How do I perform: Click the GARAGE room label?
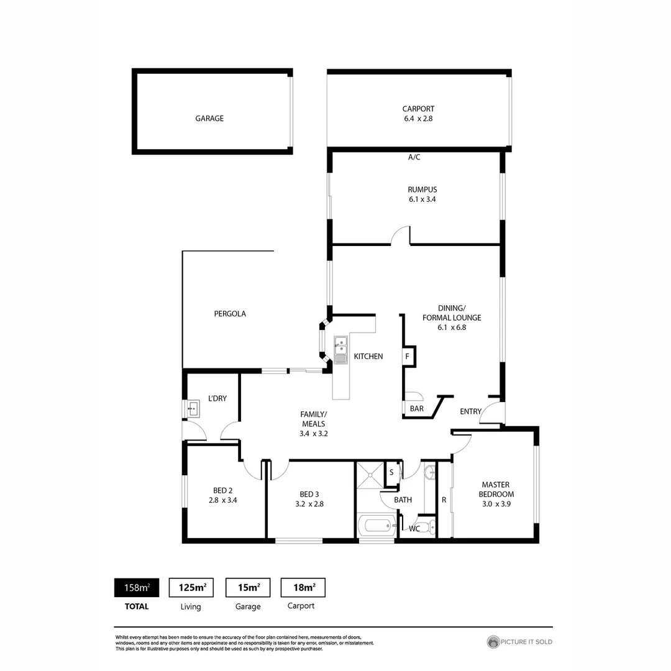point(209,118)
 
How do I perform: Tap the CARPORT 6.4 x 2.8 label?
point(418,114)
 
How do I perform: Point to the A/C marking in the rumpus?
point(414,157)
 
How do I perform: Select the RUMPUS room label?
point(418,189)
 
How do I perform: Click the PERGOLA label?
point(230,314)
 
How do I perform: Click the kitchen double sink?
point(340,349)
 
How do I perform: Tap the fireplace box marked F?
point(408,357)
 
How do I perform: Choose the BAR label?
point(416,409)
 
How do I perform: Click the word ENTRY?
point(470,411)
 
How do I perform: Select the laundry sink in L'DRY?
point(193,409)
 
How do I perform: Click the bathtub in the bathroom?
point(377,526)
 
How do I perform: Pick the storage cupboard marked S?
point(391,472)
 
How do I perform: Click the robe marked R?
point(444,500)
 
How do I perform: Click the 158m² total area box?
point(136,587)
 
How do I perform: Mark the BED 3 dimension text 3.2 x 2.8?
point(309,504)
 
